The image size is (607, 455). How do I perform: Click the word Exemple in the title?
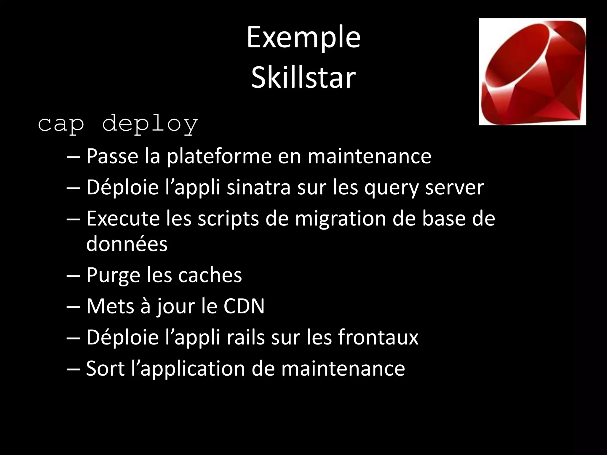click(303, 38)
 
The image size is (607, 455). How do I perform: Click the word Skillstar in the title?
click(303, 78)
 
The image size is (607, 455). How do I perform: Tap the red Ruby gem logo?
click(533, 72)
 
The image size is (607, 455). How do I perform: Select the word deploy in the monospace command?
click(150, 124)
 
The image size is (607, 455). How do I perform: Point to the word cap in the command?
click(61, 125)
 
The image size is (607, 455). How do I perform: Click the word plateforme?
click(219, 156)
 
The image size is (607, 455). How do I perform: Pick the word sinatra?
click(258, 188)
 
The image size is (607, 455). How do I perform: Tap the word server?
click(455, 188)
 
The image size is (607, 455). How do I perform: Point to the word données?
click(127, 244)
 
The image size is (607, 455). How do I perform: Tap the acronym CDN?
click(244, 306)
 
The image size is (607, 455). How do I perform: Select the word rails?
click(245, 337)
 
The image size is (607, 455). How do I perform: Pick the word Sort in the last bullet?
click(105, 369)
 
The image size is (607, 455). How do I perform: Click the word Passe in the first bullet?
click(112, 156)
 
